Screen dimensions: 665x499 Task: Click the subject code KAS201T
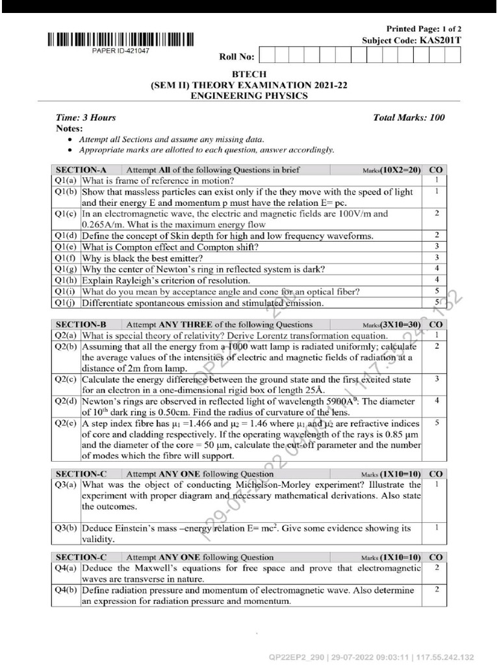click(440, 40)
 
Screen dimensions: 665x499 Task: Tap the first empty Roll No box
click(267, 56)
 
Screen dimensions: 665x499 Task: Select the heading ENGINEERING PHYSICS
click(249, 96)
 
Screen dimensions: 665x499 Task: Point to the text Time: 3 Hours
click(86, 118)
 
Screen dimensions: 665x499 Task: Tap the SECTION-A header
click(81, 170)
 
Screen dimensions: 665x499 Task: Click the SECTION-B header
click(81, 325)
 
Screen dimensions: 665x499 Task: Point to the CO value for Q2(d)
click(437, 401)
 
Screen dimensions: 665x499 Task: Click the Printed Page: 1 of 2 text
click(424, 29)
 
